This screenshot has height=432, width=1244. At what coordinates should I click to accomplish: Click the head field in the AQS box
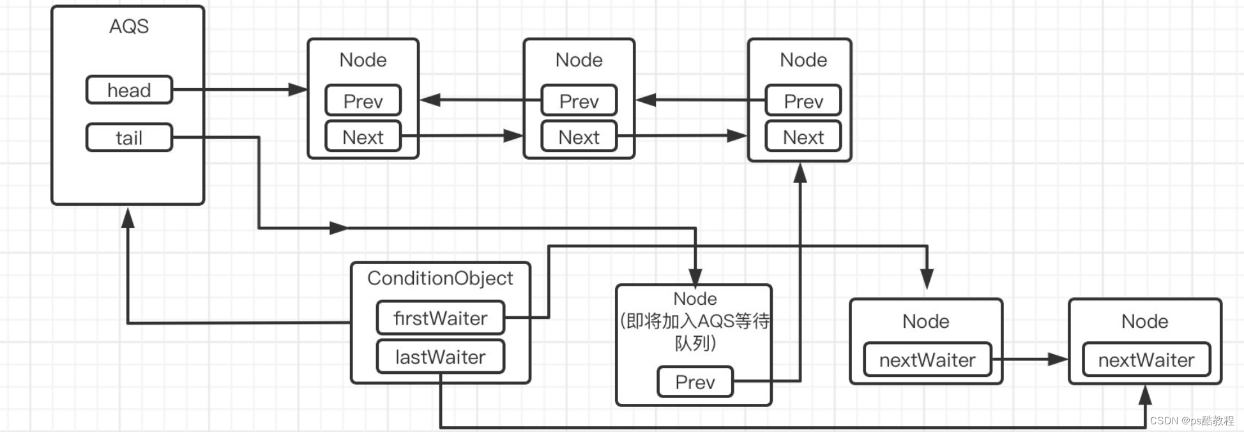click(129, 90)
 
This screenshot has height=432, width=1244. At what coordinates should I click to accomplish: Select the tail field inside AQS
click(129, 137)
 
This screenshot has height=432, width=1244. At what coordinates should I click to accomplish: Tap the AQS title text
click(128, 26)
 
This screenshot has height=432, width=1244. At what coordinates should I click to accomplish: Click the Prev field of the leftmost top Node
click(363, 101)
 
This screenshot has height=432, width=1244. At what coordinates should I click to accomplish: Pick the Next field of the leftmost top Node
click(363, 137)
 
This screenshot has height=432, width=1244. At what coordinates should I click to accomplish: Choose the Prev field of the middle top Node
click(579, 101)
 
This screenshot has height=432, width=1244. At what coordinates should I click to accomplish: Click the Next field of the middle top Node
click(579, 137)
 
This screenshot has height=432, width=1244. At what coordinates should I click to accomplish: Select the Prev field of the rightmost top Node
click(803, 101)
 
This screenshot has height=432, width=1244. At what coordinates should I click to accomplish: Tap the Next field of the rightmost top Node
click(803, 137)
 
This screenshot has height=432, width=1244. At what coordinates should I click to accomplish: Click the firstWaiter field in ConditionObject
click(440, 318)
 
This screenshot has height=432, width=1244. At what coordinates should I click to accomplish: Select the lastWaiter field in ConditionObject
click(440, 357)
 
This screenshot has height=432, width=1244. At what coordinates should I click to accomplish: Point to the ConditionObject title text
click(440, 278)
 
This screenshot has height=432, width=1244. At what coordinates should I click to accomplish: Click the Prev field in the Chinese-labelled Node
click(695, 382)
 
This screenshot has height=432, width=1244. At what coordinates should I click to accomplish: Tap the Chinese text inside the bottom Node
click(695, 332)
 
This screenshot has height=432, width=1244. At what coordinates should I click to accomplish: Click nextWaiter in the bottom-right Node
click(1146, 360)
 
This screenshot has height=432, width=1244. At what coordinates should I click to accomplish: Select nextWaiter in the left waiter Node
click(927, 360)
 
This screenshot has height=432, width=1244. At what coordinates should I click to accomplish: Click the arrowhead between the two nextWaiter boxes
click(1057, 359)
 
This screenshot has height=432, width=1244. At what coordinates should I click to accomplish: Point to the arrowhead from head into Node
click(297, 89)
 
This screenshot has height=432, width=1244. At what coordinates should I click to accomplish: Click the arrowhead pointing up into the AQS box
click(128, 219)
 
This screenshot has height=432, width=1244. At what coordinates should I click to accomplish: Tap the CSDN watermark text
click(1191, 420)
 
